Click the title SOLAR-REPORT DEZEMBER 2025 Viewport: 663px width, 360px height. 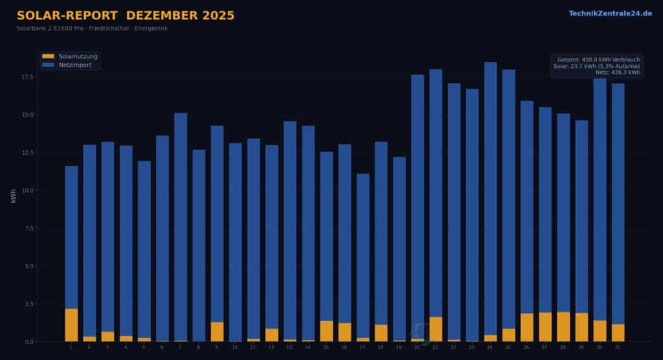(x=126, y=16)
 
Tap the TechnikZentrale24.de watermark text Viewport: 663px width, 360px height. (x=611, y=13)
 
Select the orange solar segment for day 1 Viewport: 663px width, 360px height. (x=71, y=325)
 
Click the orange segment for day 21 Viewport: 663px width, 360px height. (x=436, y=329)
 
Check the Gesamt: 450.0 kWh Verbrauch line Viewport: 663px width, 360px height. (x=598, y=60)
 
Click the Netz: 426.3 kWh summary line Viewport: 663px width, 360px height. (x=618, y=73)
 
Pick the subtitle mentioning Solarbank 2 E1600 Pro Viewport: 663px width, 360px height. (x=92, y=28)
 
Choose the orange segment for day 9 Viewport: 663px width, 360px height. (x=217, y=332)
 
